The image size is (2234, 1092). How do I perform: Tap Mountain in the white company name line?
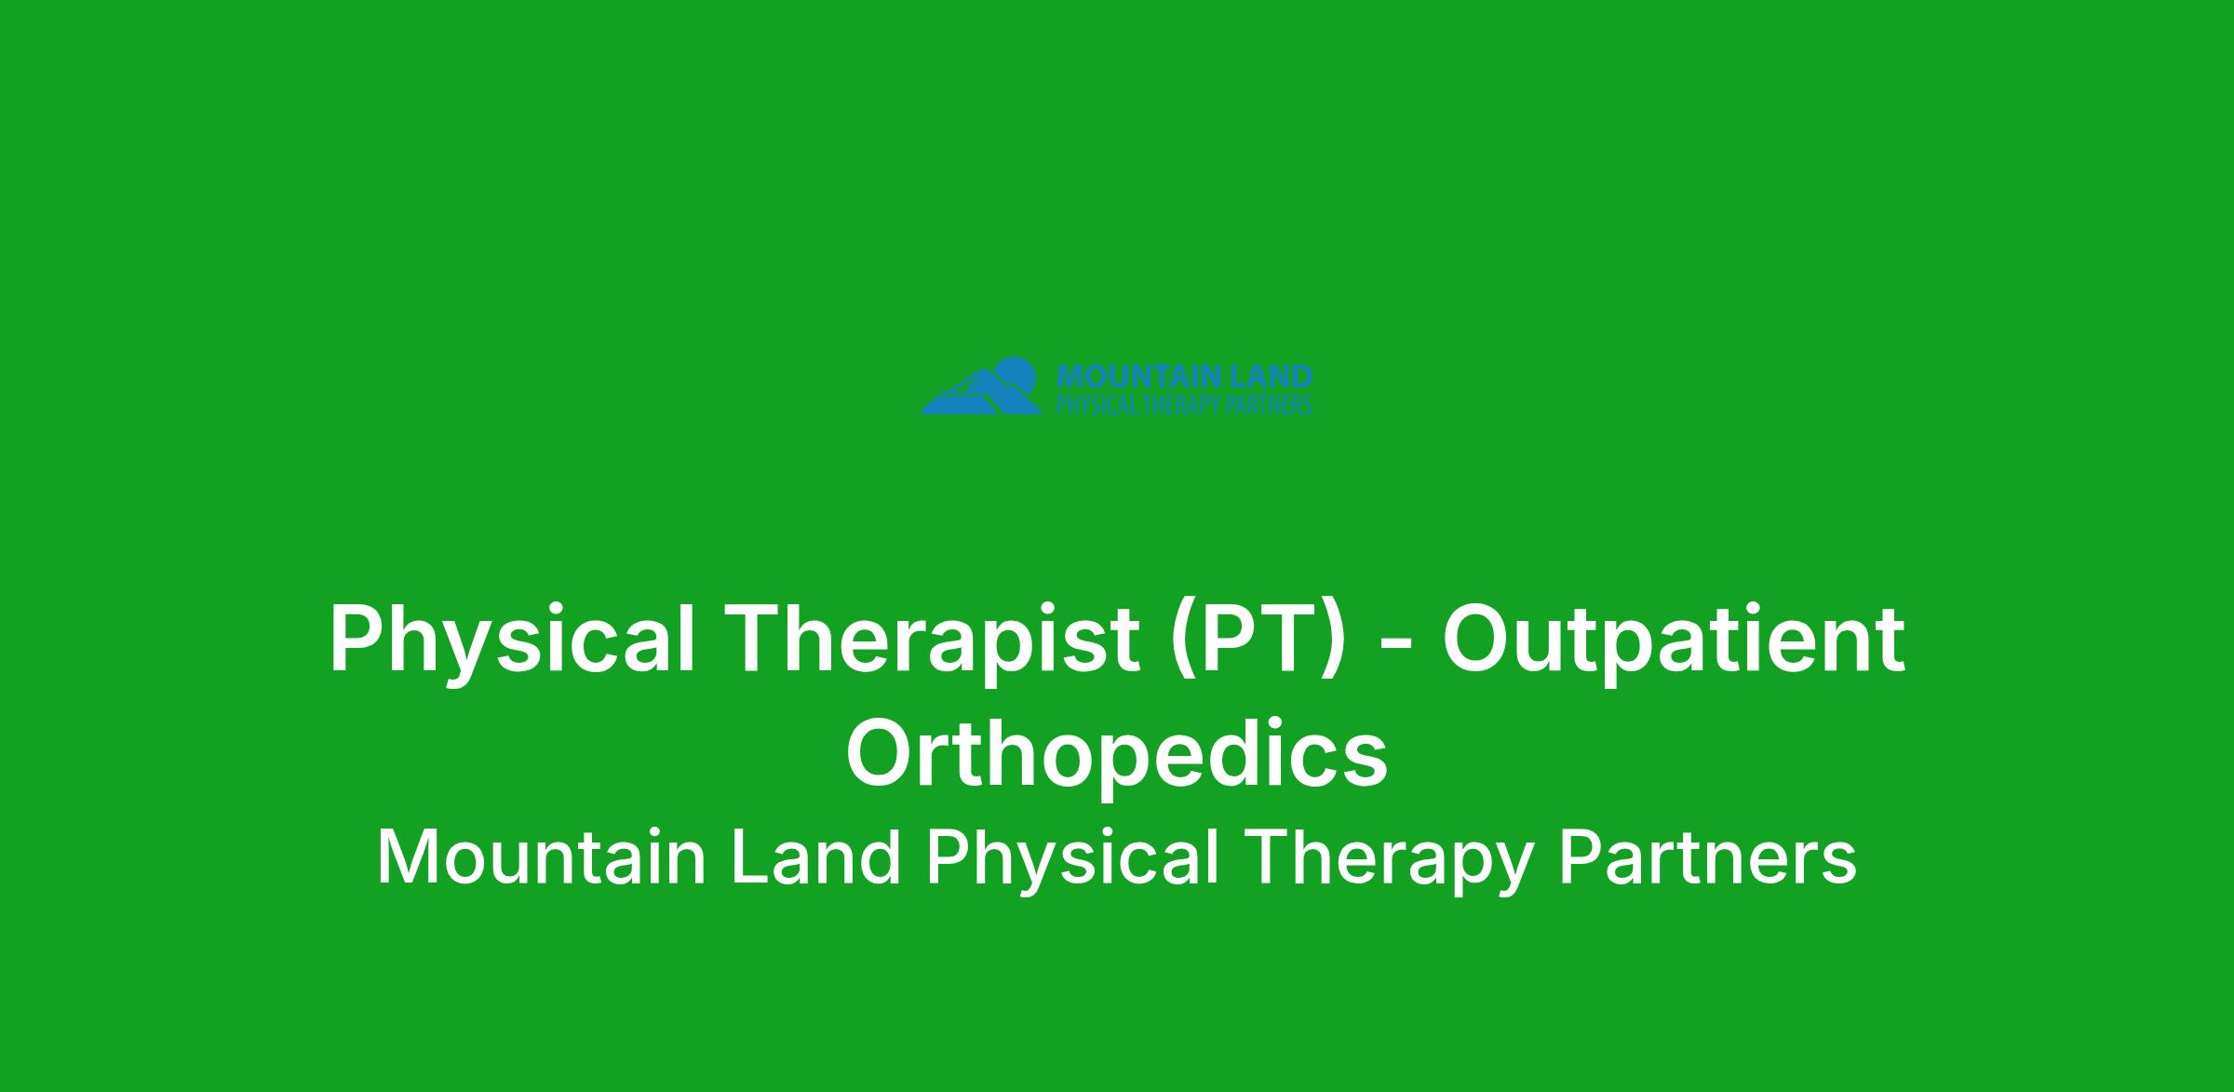(x=542, y=857)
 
